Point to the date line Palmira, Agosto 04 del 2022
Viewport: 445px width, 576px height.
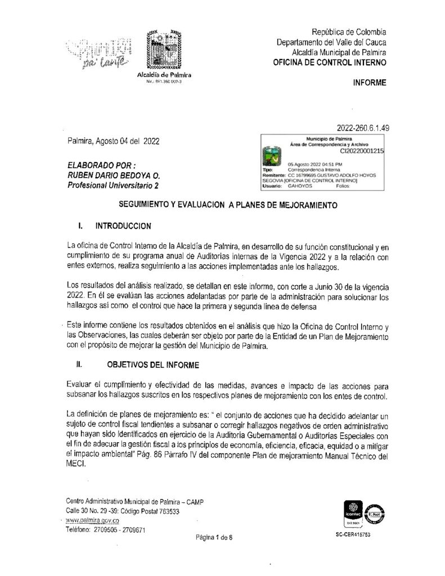pos(112,141)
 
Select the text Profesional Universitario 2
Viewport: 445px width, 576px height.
pos(113,185)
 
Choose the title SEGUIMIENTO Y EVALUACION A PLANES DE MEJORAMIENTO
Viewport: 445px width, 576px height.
pos(222,206)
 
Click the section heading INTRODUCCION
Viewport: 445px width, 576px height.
pos(123,227)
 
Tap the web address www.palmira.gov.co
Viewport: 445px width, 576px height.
pos(90,521)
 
